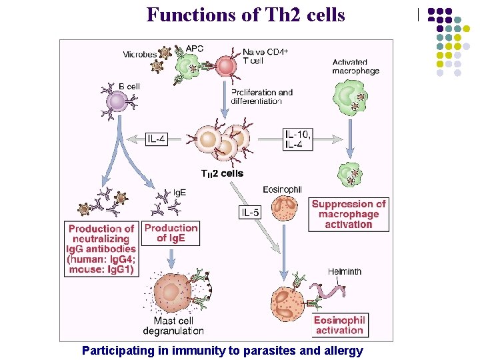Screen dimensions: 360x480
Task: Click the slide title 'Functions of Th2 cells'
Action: coord(245,14)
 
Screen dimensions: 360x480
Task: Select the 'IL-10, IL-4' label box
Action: coord(298,139)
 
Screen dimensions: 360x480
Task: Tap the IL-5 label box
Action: coord(250,213)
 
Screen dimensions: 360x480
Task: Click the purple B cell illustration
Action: coord(117,101)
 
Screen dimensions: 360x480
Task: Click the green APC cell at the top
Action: coord(188,65)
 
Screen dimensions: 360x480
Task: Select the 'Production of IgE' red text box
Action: coord(171,233)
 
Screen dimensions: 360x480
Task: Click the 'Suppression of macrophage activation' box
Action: coord(349,215)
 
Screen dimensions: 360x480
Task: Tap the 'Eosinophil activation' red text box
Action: coord(339,325)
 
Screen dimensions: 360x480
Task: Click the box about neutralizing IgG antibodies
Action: coord(102,249)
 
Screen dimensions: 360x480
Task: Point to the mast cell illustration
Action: coord(172,293)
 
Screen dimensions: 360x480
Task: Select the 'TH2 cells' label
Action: coord(222,173)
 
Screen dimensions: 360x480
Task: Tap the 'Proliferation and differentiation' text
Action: coord(262,97)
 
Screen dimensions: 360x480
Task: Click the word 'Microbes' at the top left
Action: coord(140,54)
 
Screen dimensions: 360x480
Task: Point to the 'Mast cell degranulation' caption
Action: coord(174,326)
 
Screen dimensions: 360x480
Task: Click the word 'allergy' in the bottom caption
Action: coord(342,350)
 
